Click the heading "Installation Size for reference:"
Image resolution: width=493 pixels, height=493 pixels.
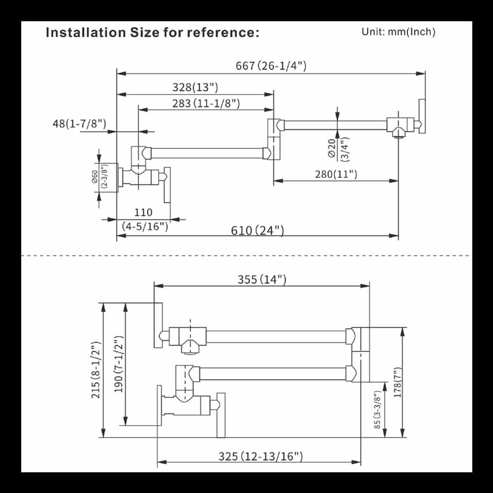152,33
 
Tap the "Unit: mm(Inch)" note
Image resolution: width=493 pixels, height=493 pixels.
398,32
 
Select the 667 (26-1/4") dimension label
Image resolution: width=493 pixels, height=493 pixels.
271,66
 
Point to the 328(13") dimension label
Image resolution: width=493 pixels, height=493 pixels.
195,87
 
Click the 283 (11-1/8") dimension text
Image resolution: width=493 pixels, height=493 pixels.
206,103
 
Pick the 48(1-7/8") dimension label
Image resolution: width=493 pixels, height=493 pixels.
79,123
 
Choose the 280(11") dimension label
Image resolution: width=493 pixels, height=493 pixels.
336,174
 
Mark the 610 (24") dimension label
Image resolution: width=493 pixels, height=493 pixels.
257,230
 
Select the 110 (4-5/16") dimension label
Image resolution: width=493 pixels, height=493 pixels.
144,219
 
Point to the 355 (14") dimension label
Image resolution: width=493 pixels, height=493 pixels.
262,280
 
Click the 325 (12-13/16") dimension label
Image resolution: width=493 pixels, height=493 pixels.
260,457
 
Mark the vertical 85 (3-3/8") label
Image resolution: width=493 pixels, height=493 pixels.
377,410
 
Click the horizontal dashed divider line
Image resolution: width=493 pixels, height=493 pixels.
246,256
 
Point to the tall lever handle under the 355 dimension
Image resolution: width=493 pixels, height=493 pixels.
158,325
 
